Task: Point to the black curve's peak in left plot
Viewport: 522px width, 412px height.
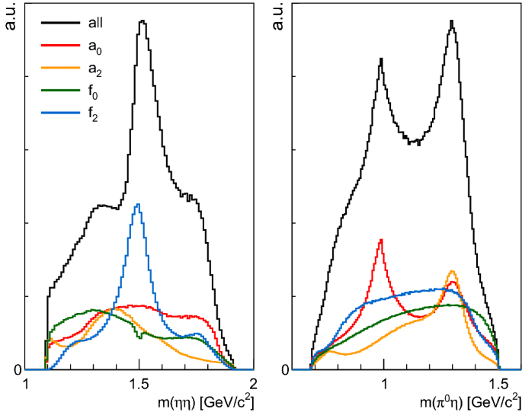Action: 142,21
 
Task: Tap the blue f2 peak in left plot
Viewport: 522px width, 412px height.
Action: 138,204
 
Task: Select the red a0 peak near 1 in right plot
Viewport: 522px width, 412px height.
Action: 380,240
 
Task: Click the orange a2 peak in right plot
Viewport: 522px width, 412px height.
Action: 453,271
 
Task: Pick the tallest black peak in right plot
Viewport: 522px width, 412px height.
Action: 453,21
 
